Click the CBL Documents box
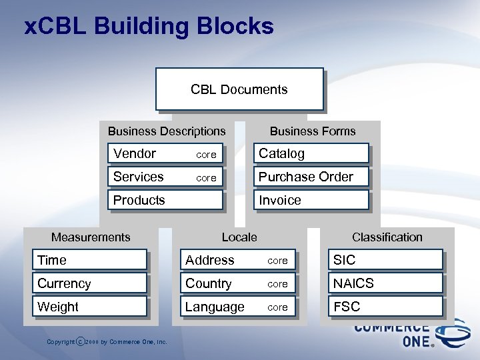(239, 89)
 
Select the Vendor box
(165, 153)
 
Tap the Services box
(165, 177)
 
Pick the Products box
(165, 200)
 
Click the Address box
(238, 260)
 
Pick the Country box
(238, 283)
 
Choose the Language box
(238, 307)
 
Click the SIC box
(385, 260)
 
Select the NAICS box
(385, 283)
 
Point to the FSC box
(385, 307)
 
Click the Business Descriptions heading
(167, 131)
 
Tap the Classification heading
(387, 237)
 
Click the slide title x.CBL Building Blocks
(149, 27)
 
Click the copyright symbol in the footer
(81, 342)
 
